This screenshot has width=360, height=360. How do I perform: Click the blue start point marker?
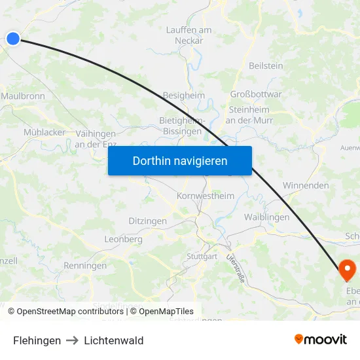pyautogui.click(x=13, y=39)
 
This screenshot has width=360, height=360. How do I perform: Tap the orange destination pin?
pyautogui.click(x=346, y=268)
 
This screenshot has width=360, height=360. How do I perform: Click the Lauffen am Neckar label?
pyautogui.click(x=189, y=35)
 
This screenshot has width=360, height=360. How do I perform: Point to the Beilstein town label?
pyautogui.click(x=266, y=66)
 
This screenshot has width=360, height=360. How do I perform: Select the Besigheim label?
pyautogui.click(x=183, y=96)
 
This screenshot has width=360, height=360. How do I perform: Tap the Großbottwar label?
pyautogui.click(x=256, y=94)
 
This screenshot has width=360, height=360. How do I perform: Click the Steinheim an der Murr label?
pyautogui.click(x=249, y=115)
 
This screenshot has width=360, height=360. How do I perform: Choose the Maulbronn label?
pyautogui.click(x=23, y=96)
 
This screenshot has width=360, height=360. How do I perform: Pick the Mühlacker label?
pyautogui.click(x=45, y=132)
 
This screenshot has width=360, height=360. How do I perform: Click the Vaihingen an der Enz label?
pyautogui.click(x=96, y=138)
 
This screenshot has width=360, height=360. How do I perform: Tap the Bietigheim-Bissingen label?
pyautogui.click(x=183, y=126)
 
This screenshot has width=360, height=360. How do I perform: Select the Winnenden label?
pyautogui.click(x=306, y=186)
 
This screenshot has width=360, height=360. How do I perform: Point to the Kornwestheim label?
pyautogui.click(x=206, y=196)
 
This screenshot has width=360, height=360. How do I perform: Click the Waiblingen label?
pyautogui.click(x=266, y=217)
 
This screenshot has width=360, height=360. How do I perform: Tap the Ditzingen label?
pyautogui.click(x=147, y=221)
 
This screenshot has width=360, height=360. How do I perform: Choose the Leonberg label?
pyautogui.click(x=123, y=240)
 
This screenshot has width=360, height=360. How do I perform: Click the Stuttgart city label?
pyautogui.click(x=202, y=257)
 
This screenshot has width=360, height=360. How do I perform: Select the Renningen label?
pyautogui.click(x=85, y=266)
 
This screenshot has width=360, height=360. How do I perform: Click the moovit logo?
pyautogui.click(x=321, y=340)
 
